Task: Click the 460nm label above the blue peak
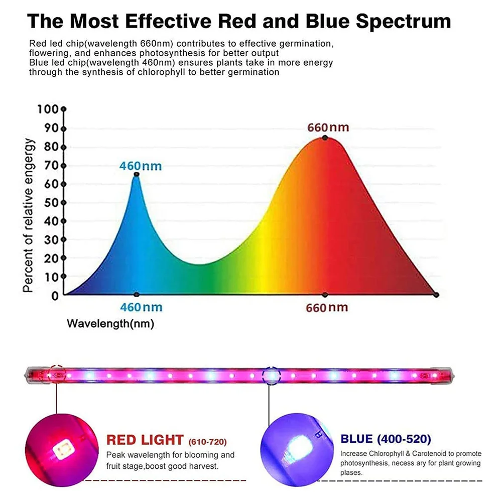pyautogui.click(x=141, y=166)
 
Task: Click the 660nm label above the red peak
pyautogui.click(x=328, y=128)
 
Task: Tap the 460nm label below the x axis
pyautogui.click(x=141, y=307)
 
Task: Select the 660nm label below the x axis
pyautogui.click(x=327, y=308)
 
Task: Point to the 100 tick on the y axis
pyautogui.click(x=48, y=109)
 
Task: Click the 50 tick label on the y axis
pyautogui.click(x=51, y=203)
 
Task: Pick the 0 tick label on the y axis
pyautogui.click(x=55, y=296)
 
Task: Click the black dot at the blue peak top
pyautogui.click(x=137, y=175)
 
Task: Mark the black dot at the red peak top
pyautogui.click(x=325, y=138)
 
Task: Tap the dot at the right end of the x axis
pyautogui.click(x=436, y=295)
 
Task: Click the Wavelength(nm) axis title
pyautogui.click(x=110, y=324)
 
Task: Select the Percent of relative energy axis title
pyautogui.click(x=28, y=215)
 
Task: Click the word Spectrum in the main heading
pyautogui.click(x=404, y=21)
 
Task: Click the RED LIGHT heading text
pyautogui.click(x=145, y=440)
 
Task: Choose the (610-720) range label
pyautogui.click(x=207, y=442)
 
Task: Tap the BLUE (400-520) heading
pyautogui.click(x=386, y=439)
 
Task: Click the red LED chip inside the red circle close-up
pyautogui.click(x=64, y=449)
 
